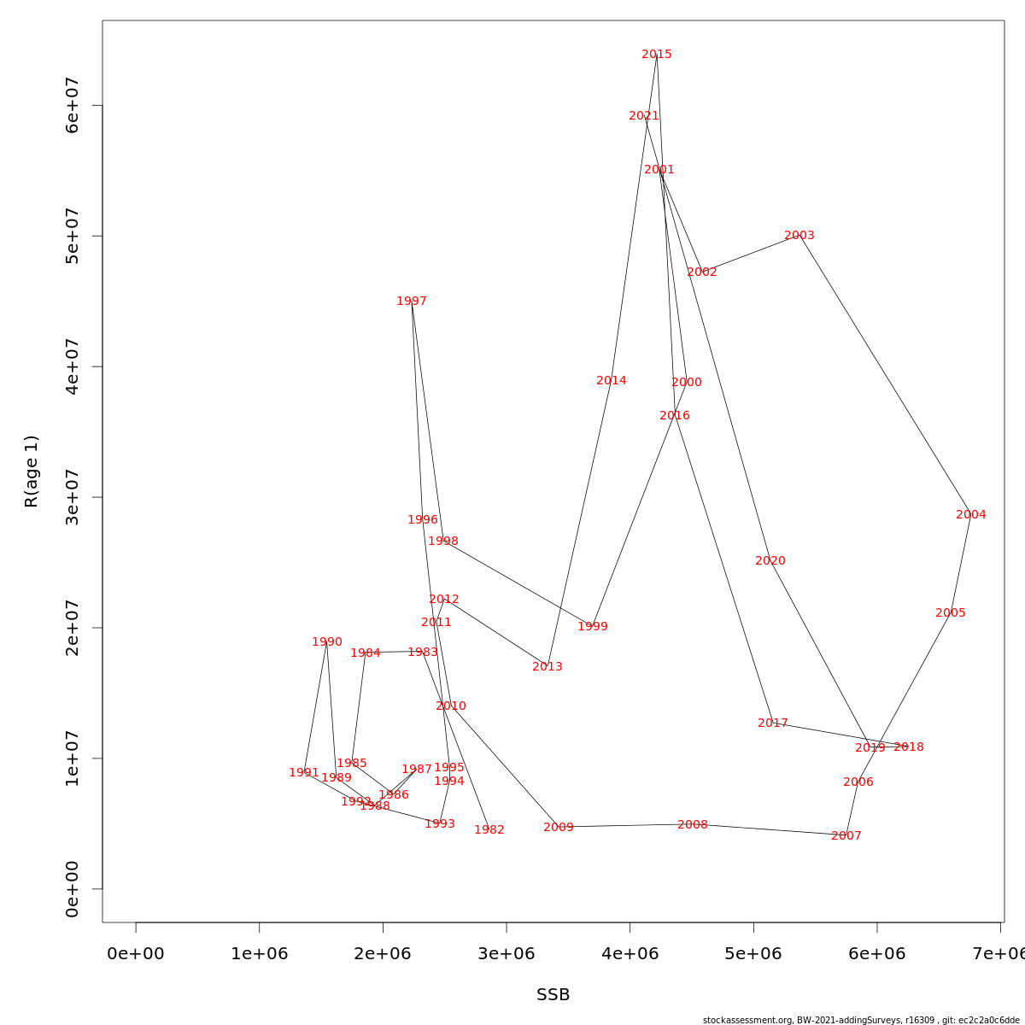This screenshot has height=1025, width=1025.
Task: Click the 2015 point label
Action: [x=657, y=55]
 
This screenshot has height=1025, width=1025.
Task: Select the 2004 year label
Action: [x=971, y=515]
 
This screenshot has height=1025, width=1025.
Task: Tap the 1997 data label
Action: [x=412, y=302]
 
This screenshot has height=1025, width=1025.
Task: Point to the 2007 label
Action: [x=846, y=836]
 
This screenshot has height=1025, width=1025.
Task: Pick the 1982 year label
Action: [x=489, y=830]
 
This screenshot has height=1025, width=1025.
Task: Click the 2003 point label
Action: [x=799, y=236]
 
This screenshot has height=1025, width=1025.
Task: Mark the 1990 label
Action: [x=327, y=642]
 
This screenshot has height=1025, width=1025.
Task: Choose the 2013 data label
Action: [x=548, y=667]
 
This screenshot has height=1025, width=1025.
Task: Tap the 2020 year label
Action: [x=770, y=561]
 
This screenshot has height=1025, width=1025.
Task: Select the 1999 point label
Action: [x=593, y=627]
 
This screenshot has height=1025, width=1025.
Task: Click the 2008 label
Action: [x=693, y=825]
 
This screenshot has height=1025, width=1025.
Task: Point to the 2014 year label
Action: [x=612, y=381]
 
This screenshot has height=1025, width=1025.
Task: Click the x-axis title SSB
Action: [x=553, y=995]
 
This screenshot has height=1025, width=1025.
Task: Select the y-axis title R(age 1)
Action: [x=32, y=471]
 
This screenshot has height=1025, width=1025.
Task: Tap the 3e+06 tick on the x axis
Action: [x=507, y=953]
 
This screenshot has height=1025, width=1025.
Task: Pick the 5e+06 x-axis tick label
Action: [x=753, y=953]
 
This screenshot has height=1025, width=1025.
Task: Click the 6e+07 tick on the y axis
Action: [x=73, y=105]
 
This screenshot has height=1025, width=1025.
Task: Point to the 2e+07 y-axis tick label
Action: [x=73, y=628]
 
